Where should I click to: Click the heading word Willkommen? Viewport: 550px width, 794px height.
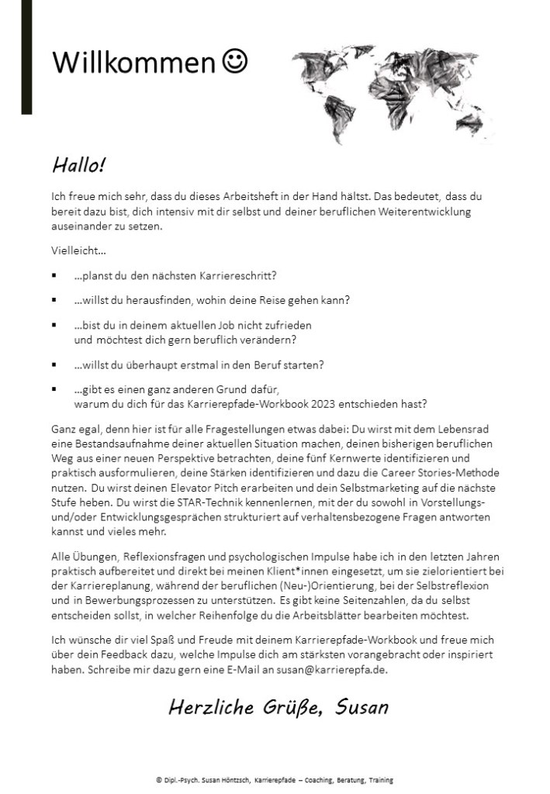pos(132,63)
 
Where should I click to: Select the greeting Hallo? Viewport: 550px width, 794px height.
pos(78,165)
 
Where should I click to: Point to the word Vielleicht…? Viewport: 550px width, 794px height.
pos(79,252)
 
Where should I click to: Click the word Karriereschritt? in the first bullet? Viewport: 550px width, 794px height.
pos(240,275)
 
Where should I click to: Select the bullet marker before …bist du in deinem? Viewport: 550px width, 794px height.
pos(54,325)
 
